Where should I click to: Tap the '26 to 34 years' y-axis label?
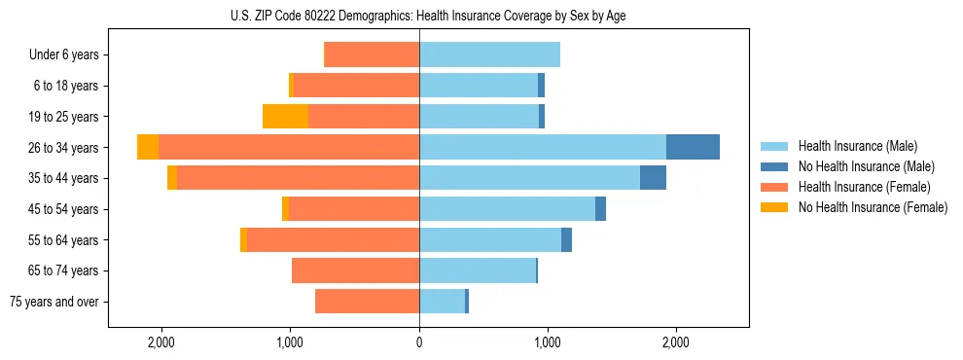click(x=64, y=148)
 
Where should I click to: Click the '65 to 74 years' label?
click(x=64, y=270)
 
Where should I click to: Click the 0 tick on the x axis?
click(x=419, y=342)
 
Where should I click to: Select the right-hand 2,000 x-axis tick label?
click(x=675, y=342)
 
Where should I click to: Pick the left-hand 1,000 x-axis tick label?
click(x=290, y=342)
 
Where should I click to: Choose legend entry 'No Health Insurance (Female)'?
click(x=873, y=207)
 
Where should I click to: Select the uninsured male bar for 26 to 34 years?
click(x=693, y=147)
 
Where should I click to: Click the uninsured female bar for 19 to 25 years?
click(x=285, y=117)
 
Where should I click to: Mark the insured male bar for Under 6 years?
click(x=489, y=54)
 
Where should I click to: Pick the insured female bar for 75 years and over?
click(x=367, y=302)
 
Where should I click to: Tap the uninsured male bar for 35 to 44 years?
click(x=653, y=178)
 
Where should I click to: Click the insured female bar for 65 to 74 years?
click(x=355, y=270)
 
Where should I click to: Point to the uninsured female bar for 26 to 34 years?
click(x=148, y=147)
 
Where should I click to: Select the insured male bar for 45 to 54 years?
click(x=507, y=209)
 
